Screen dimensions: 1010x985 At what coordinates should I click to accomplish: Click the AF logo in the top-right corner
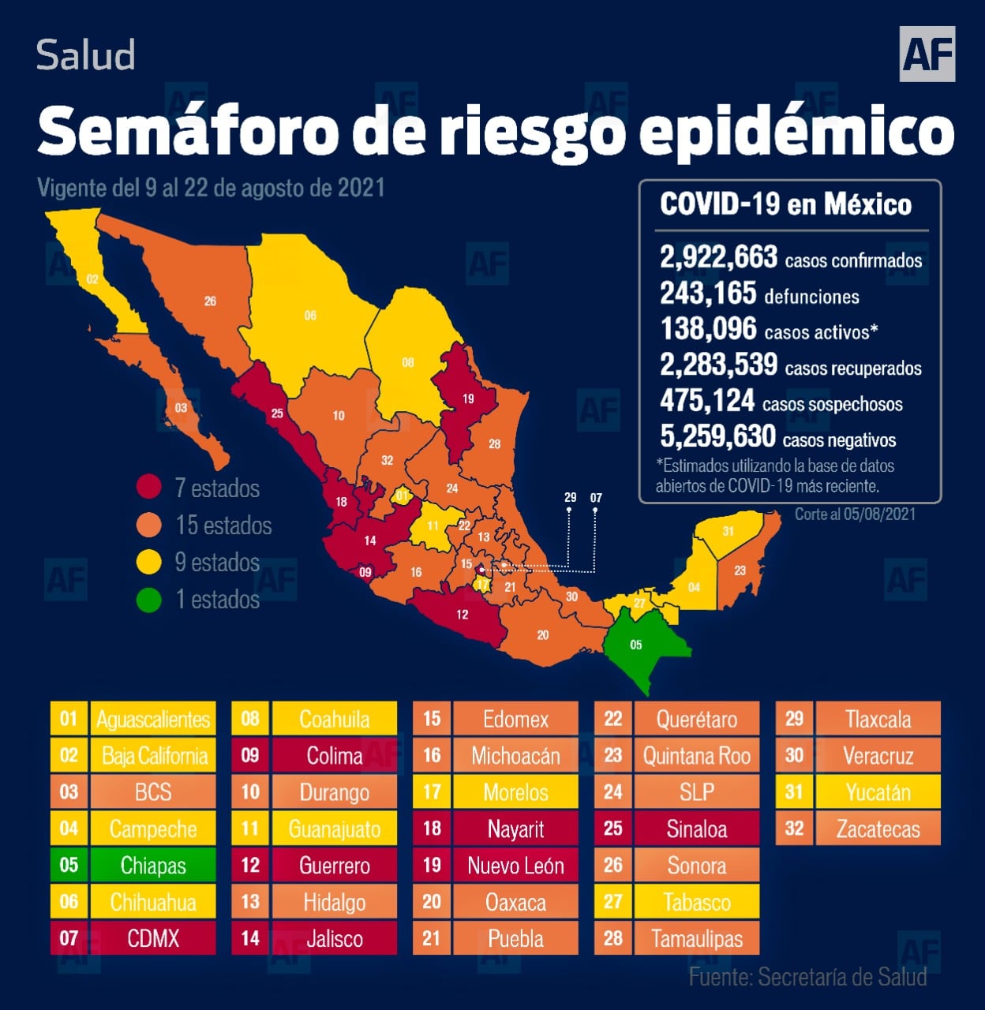[x=927, y=54]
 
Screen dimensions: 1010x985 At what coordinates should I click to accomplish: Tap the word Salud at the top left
[x=86, y=55]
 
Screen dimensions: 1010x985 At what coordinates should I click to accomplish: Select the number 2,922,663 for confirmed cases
[x=718, y=257]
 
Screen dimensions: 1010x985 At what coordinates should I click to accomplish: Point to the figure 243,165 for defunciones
[x=708, y=294]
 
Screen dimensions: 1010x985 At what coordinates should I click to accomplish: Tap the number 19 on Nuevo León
[x=468, y=398]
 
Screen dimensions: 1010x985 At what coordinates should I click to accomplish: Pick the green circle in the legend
[x=148, y=600]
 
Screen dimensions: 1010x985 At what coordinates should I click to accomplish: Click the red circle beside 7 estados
[x=148, y=488]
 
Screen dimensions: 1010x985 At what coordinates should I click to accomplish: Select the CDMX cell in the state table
[x=153, y=938]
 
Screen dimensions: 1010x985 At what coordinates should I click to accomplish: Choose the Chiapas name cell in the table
[x=153, y=866]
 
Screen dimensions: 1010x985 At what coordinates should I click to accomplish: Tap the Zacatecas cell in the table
[x=878, y=829]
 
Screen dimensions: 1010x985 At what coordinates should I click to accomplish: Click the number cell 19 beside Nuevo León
[x=432, y=866]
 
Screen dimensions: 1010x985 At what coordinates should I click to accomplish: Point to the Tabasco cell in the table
[x=697, y=902]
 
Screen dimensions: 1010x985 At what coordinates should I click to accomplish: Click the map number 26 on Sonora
[x=210, y=301]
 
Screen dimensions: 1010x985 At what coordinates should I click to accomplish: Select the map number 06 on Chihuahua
[x=310, y=316]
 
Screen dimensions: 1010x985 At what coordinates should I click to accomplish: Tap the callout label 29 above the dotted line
[x=571, y=497]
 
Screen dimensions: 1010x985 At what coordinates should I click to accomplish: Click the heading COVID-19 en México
[x=785, y=205]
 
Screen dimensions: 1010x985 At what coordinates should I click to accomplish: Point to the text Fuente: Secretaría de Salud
[x=807, y=977]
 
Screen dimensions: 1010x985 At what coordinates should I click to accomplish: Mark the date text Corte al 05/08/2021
[x=855, y=514]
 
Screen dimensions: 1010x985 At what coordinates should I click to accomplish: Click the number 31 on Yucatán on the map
[x=728, y=531]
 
